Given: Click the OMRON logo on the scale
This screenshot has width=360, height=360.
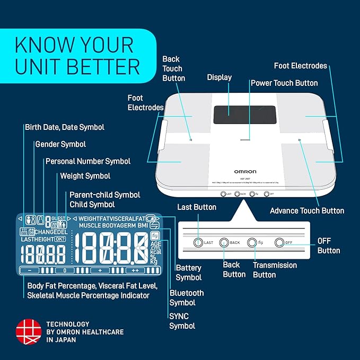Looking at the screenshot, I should pyautogui.click(x=245, y=171).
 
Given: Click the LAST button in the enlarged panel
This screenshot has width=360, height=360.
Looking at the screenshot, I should pyautogui.click(x=198, y=242).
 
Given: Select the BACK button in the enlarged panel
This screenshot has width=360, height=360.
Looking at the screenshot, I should pyautogui.click(x=224, y=242).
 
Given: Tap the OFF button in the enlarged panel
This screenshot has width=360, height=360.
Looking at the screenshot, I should pyautogui.click(x=279, y=242).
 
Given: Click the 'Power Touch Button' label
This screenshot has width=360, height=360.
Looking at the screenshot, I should pyautogui.click(x=284, y=83).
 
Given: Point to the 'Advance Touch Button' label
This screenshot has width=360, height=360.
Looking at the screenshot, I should pyautogui.click(x=307, y=210).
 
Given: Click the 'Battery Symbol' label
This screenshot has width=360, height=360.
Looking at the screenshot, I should pyautogui.click(x=189, y=273).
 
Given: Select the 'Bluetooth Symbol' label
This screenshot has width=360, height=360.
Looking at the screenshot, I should pyautogui.click(x=187, y=297).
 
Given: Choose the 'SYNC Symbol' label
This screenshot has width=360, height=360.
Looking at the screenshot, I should pyautogui.click(x=182, y=321).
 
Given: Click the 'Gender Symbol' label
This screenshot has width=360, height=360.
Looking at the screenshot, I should pyautogui.click(x=60, y=144).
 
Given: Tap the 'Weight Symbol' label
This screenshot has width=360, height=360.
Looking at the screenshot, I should pyautogui.click(x=85, y=175).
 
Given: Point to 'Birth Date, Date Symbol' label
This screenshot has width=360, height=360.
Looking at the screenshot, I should pyautogui.click(x=65, y=127).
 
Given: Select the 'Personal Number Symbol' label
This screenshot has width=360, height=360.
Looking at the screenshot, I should pyautogui.click(x=88, y=161).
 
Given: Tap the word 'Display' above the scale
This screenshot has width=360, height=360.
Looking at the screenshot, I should pyautogui.click(x=219, y=77).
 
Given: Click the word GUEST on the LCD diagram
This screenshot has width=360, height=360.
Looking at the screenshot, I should pyautogui.click(x=58, y=218).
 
